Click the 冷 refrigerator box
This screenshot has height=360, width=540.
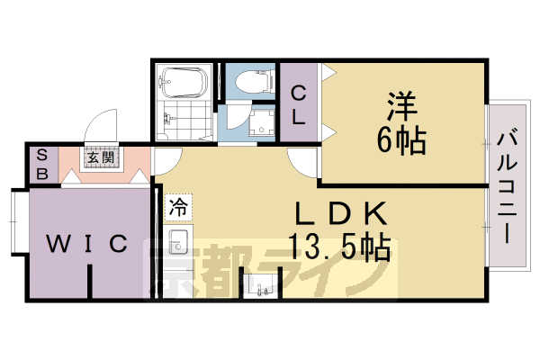pos(177,204)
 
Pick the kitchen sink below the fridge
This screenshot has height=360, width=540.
pos(177,240)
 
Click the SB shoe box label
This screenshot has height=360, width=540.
pos(41,164)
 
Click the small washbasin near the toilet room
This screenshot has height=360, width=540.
pos(263,125)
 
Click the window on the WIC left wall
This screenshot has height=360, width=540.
pos(13,220)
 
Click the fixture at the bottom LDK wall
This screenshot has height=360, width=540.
pos(262,287)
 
